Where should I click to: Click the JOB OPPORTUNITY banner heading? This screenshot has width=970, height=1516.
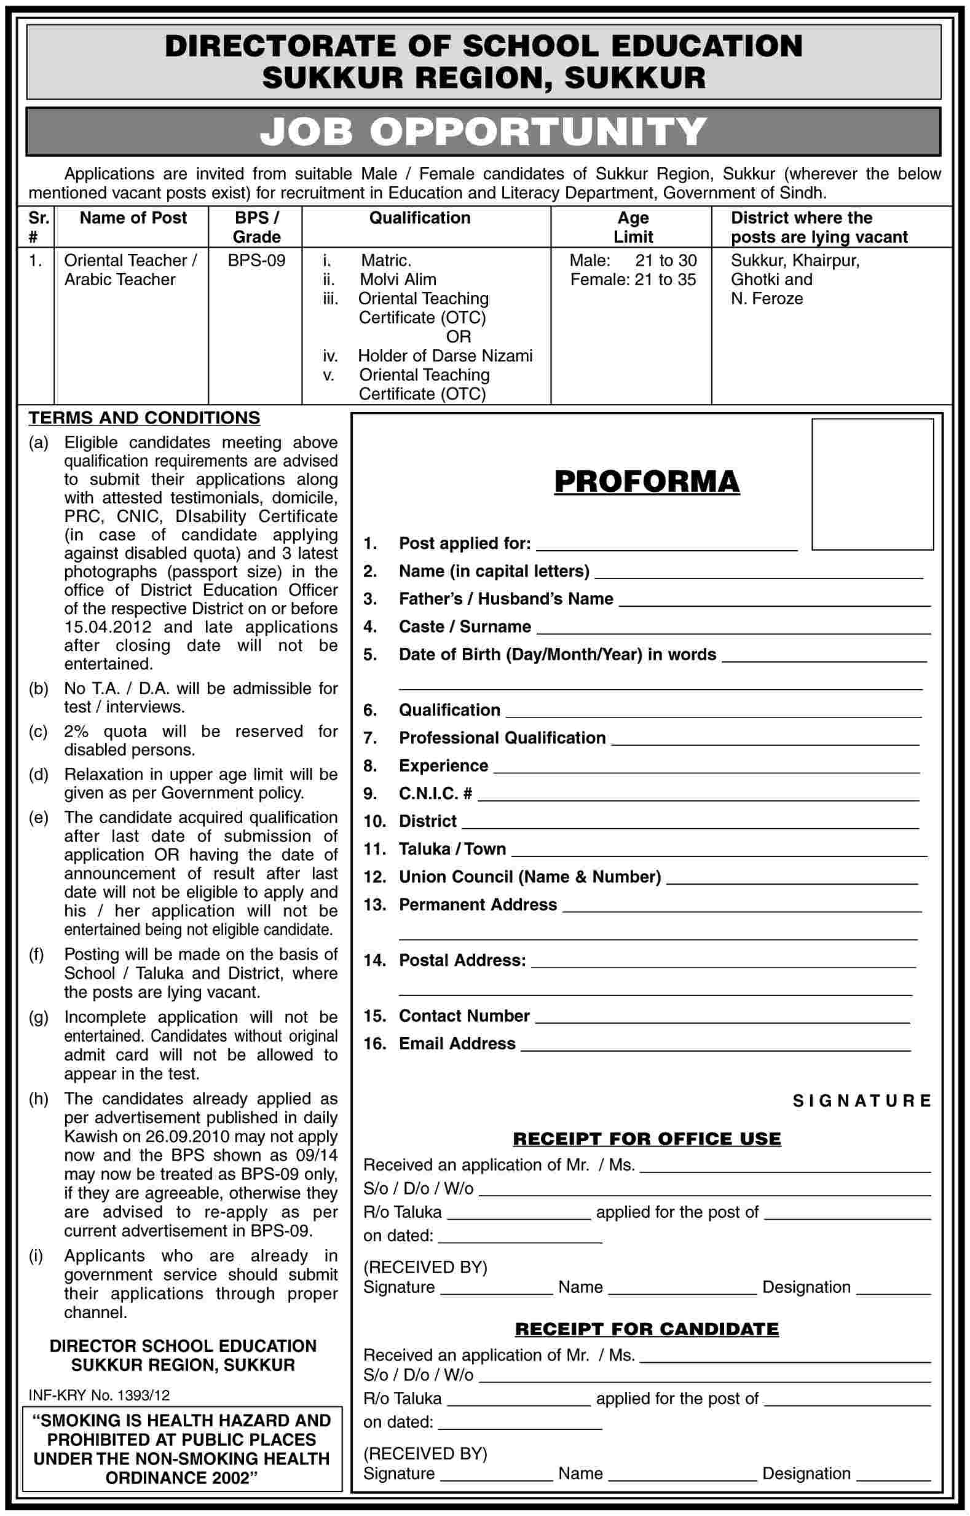pyautogui.click(x=483, y=132)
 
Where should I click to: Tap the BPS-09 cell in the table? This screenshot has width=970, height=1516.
pyautogui.click(x=256, y=260)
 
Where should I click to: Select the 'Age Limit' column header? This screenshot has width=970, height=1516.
pyautogui.click(x=633, y=227)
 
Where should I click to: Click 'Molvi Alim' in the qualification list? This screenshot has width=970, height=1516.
pyautogui.click(x=398, y=280)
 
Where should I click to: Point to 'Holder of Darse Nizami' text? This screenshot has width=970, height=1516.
pyautogui.click(x=444, y=356)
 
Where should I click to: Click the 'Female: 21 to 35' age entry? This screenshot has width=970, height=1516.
pyautogui.click(x=633, y=280)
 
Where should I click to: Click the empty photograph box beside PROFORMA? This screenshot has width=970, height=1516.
pyautogui.click(x=872, y=484)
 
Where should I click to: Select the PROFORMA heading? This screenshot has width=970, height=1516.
pyautogui.click(x=646, y=483)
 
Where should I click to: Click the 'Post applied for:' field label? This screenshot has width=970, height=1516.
pyautogui.click(x=464, y=543)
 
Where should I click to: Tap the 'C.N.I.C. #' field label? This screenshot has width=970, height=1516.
pyautogui.click(x=435, y=794)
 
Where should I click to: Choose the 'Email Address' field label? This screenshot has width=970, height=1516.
pyautogui.click(x=457, y=1044)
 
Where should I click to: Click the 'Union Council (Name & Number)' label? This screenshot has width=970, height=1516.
pyautogui.click(x=529, y=877)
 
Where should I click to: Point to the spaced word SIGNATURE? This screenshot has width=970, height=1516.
pyautogui.click(x=861, y=1101)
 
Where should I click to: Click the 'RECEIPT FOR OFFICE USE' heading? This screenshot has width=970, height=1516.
pyautogui.click(x=646, y=1139)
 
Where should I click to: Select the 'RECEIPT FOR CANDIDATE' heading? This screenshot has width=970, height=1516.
pyautogui.click(x=646, y=1329)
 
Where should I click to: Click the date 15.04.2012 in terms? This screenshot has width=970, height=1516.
pyautogui.click(x=108, y=627)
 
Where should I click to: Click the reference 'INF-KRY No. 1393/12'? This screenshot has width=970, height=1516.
pyautogui.click(x=100, y=1396)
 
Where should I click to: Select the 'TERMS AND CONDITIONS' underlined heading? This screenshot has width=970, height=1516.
pyautogui.click(x=144, y=418)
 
